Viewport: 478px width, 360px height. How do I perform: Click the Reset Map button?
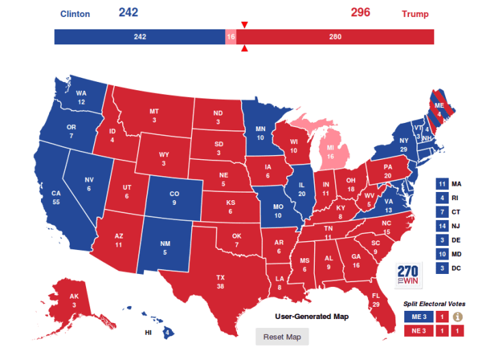pos(281,337)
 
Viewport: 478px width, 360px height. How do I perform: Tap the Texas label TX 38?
pos(221,282)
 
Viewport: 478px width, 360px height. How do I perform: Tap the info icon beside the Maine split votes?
pos(458,316)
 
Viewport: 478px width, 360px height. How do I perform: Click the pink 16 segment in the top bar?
pos(230,37)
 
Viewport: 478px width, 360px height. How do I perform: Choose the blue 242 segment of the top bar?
pos(139,37)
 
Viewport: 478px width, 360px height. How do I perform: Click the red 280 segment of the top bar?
pos(335,37)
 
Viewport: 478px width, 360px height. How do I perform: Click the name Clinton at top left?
pos(74,14)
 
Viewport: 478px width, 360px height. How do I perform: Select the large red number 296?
pos(361,12)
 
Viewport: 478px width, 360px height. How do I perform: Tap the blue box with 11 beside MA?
pos(441,183)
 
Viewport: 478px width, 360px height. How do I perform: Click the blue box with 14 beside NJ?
pos(441,225)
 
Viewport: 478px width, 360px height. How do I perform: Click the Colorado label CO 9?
pos(174,198)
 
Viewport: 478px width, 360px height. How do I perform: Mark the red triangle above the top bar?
pos(244,25)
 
